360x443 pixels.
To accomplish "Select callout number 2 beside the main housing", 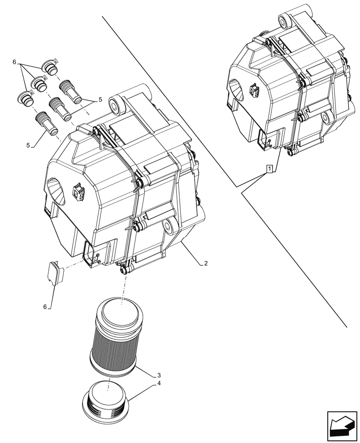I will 206,263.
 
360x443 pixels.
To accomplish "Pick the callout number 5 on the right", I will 100,100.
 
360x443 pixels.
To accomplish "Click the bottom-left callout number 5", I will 28,145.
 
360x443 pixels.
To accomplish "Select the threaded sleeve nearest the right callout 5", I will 70,90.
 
